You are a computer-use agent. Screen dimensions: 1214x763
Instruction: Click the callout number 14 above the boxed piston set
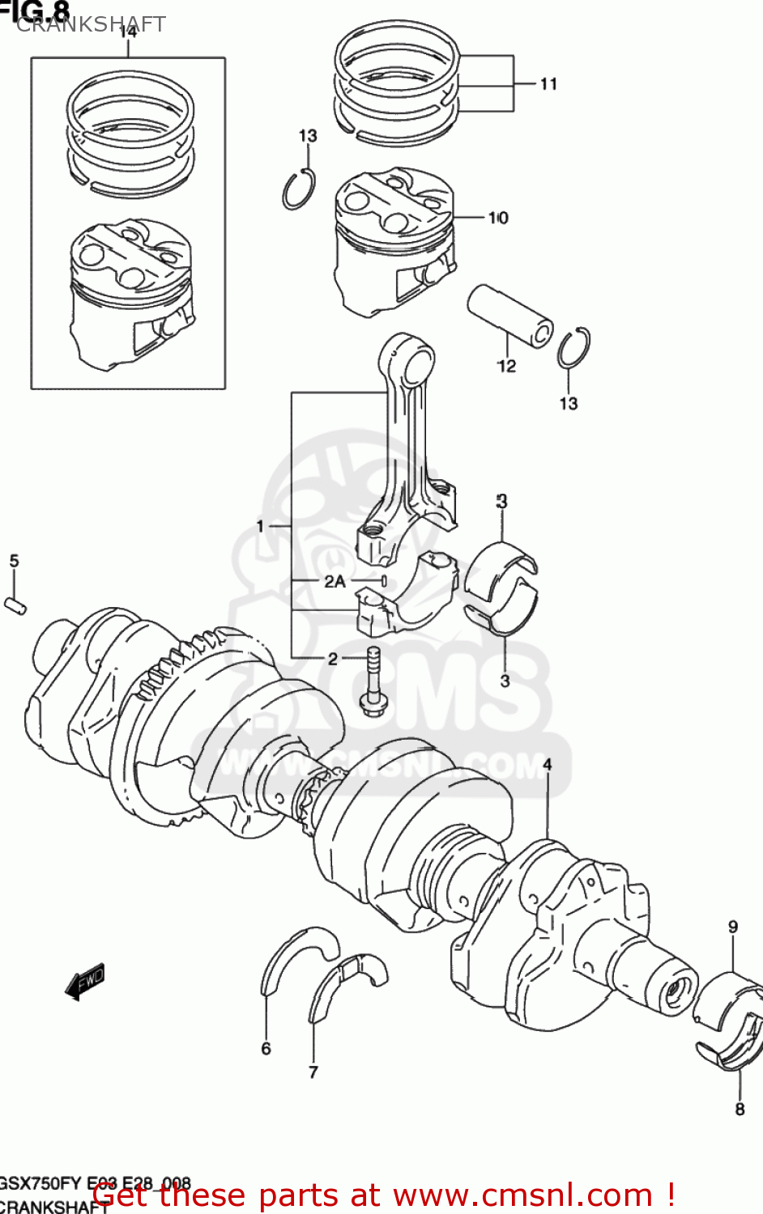[128, 32]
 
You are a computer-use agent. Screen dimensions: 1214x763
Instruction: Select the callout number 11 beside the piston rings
[548, 84]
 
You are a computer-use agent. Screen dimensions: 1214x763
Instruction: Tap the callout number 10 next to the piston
[498, 218]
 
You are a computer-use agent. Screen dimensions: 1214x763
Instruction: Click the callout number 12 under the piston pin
[506, 367]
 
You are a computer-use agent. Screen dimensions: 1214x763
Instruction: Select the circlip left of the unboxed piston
[298, 189]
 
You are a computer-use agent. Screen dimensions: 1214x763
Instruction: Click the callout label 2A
[335, 581]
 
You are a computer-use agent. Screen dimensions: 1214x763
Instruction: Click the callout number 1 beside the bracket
[260, 527]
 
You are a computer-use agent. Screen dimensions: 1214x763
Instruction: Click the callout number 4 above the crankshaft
[548, 765]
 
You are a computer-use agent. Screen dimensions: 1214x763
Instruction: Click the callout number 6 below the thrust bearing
[266, 1049]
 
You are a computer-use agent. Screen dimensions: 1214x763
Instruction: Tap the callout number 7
[313, 1072]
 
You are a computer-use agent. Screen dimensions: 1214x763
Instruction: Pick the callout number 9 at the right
[732, 927]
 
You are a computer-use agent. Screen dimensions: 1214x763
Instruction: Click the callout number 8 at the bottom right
[740, 1109]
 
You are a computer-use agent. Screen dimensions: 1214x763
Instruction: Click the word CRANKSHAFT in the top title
[91, 24]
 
